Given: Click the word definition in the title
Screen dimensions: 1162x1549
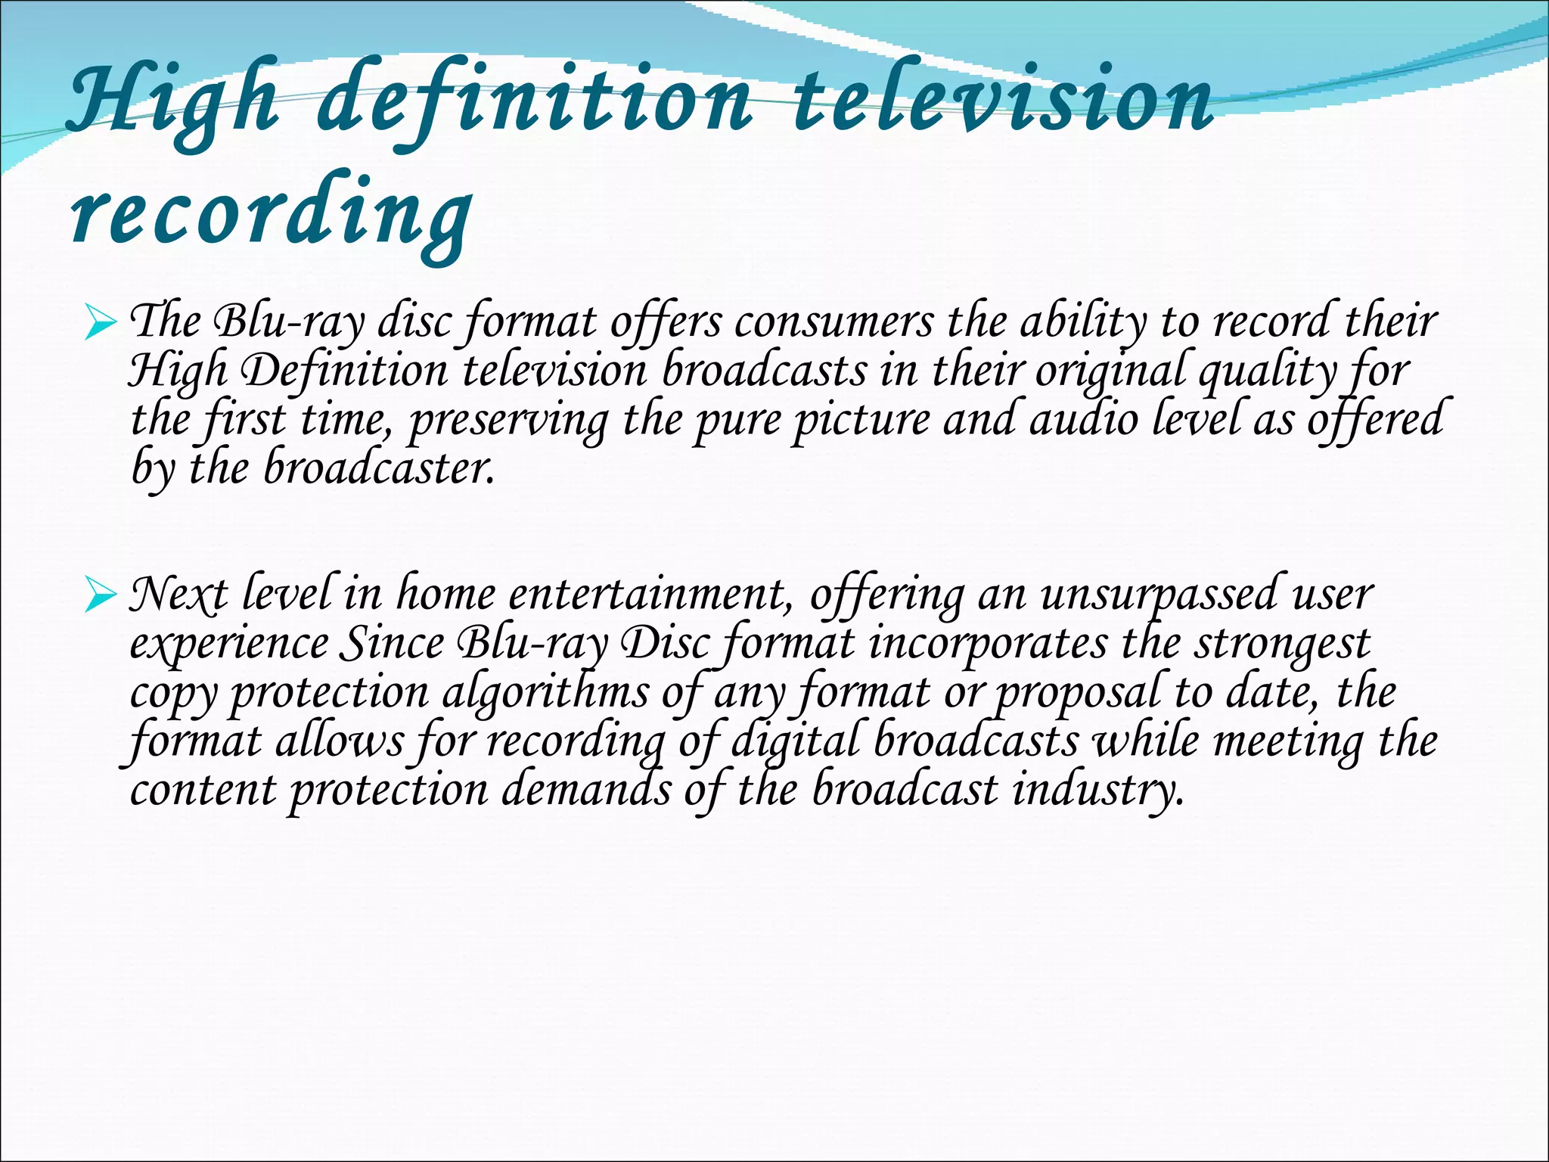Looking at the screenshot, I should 534,102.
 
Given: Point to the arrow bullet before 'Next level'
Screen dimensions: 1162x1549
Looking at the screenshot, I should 101,596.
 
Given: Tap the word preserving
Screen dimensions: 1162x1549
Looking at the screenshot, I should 508,421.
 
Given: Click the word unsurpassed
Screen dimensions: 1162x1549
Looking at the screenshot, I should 1161,594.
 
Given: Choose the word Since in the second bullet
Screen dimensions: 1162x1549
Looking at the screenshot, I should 393,643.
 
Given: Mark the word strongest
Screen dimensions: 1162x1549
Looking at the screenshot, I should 1282,643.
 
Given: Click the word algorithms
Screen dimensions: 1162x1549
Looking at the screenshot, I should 545,692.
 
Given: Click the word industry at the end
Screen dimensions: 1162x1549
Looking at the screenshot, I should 1097,791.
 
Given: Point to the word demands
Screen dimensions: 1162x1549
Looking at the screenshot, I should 586,791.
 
